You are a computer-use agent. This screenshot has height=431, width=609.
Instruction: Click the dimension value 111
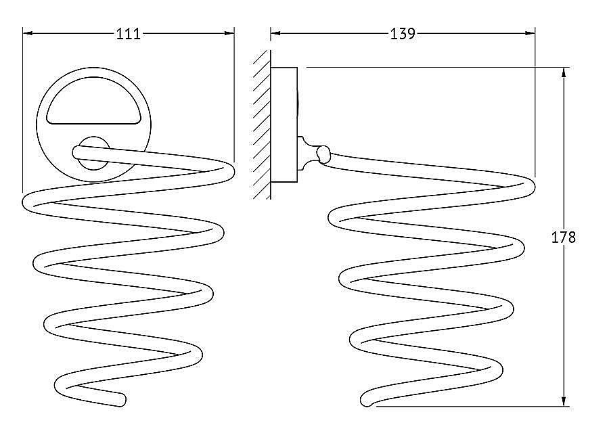[x=128, y=35]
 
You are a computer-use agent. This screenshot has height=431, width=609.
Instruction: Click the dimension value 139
[x=403, y=34]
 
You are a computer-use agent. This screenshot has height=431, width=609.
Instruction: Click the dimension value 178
[x=563, y=237]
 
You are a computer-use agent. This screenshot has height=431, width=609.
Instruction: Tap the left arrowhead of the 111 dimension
[x=28, y=33]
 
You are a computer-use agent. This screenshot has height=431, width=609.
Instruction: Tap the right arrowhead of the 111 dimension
[x=229, y=33]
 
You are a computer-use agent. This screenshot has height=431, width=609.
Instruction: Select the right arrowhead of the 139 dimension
[x=530, y=33]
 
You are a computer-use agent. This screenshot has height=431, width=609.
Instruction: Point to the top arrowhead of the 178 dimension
[x=564, y=72]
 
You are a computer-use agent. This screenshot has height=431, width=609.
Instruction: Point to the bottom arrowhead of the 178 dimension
[x=564, y=401]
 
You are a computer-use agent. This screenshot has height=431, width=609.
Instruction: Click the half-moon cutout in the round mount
[x=93, y=101]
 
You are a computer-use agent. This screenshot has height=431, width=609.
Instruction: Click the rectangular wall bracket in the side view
[x=284, y=124]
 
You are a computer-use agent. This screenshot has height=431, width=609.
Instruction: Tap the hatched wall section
[x=262, y=124]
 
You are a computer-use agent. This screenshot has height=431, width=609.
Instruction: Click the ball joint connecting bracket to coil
[x=323, y=154]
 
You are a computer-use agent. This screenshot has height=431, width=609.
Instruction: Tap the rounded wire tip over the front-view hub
[x=78, y=152]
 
